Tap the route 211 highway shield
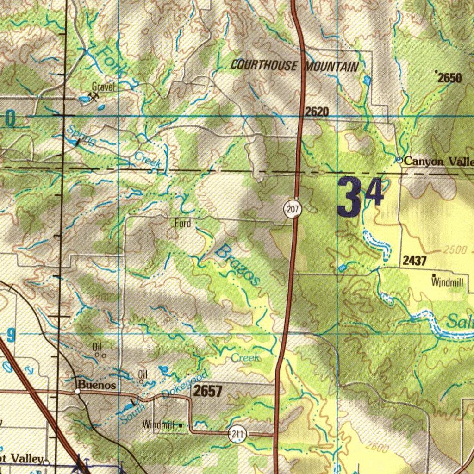click(x=237, y=434)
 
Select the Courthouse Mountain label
click(x=294, y=66)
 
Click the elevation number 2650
click(x=449, y=78)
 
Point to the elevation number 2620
click(x=317, y=111)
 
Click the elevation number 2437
click(x=414, y=261)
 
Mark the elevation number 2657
click(x=208, y=391)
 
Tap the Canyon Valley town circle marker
click(x=399, y=160)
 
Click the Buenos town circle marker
click(x=78, y=392)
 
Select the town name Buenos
click(x=97, y=384)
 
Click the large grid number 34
click(x=361, y=197)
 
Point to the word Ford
click(x=182, y=224)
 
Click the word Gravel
click(x=103, y=87)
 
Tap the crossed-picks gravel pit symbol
click(x=94, y=97)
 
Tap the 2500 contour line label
click(x=455, y=250)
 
